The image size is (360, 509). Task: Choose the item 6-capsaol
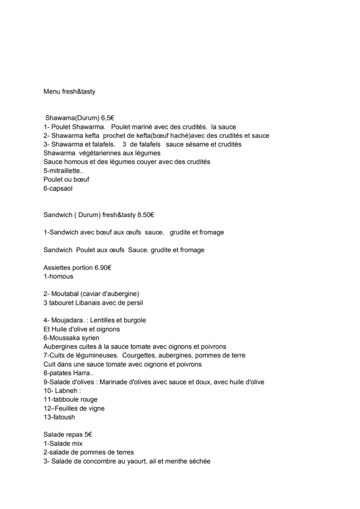click(x=58, y=188)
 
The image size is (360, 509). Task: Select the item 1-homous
click(x=58, y=276)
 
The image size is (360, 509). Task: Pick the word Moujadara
click(x=70, y=320)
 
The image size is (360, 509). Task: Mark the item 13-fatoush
click(x=59, y=417)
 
